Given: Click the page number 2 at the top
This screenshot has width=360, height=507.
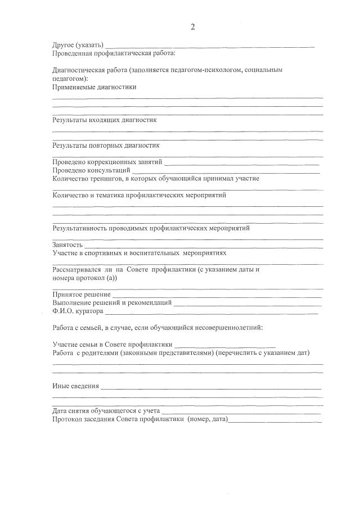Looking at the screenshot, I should pyautogui.click(x=192, y=27).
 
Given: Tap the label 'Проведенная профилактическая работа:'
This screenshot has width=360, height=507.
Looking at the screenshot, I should pyautogui.click(x=114, y=53).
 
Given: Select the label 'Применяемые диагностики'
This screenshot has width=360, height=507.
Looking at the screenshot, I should pyautogui.click(x=94, y=87).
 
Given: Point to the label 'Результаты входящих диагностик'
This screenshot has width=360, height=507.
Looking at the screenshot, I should pyautogui.click(x=104, y=120).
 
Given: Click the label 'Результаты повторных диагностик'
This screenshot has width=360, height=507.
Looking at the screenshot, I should pyautogui.click(x=105, y=145).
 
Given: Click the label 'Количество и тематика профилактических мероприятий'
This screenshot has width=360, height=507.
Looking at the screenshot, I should pyautogui.click(x=139, y=196).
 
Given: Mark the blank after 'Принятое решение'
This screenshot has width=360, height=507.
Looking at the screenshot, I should pyautogui.click(x=217, y=295).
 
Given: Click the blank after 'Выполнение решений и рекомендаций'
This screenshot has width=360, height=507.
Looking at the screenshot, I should pyautogui.click(x=247, y=303).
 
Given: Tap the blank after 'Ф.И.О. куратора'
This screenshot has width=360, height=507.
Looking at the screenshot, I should pyautogui.click(x=211, y=311).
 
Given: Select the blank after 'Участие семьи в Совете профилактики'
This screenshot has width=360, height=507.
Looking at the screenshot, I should pyautogui.click(x=225, y=345).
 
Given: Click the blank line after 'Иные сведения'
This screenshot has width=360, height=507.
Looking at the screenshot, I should pyautogui.click(x=211, y=387).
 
